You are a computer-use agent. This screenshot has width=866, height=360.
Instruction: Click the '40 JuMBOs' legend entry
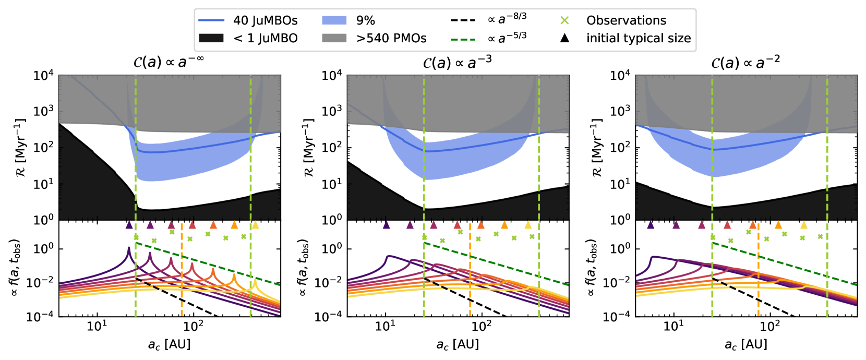click(x=265, y=20)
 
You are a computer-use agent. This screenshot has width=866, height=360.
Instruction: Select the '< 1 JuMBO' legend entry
click(x=265, y=38)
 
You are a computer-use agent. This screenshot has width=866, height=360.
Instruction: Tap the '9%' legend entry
click(x=365, y=20)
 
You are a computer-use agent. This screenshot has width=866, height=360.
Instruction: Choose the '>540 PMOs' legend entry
click(x=391, y=38)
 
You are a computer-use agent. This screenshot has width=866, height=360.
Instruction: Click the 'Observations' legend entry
click(x=626, y=20)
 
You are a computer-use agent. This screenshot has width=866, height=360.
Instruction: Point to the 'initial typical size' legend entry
click(x=638, y=38)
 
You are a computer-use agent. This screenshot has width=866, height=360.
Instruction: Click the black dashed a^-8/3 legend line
click(x=463, y=20)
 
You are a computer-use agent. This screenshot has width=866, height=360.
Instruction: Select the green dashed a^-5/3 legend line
click(x=463, y=39)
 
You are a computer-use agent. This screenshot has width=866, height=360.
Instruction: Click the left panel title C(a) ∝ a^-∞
click(x=169, y=62)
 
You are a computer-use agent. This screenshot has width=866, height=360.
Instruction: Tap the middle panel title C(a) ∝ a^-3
click(x=457, y=63)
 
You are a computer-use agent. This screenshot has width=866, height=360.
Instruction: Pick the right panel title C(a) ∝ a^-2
click(x=745, y=63)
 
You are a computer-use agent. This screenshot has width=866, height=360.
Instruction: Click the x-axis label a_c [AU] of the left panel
click(x=169, y=344)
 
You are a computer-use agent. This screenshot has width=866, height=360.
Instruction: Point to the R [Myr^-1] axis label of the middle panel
click(x=309, y=147)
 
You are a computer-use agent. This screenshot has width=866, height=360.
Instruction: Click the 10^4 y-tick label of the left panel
click(x=43, y=76)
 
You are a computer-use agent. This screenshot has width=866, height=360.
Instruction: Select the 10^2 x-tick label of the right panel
click(x=769, y=326)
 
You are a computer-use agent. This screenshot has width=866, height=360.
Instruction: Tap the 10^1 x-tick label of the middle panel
click(x=385, y=326)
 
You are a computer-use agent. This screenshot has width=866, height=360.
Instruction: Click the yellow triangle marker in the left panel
click(x=255, y=225)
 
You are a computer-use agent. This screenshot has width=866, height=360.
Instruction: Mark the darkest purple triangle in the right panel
click(x=651, y=225)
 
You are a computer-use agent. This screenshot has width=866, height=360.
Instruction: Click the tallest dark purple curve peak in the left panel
click(x=129, y=248)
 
